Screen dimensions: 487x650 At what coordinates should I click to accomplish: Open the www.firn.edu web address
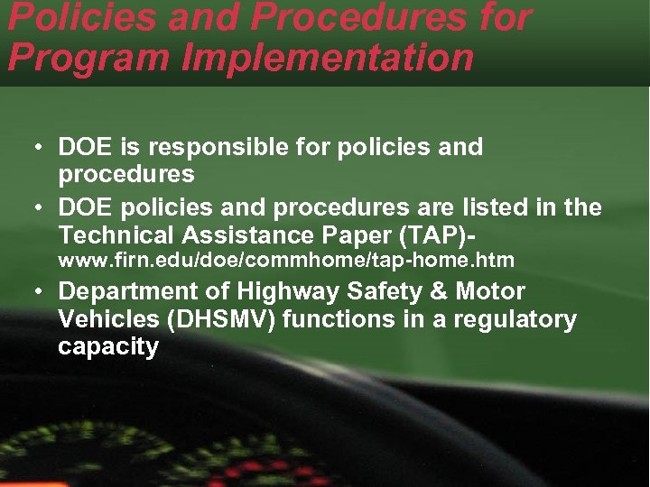[286, 261]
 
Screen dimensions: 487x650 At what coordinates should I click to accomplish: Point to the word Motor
[489, 291]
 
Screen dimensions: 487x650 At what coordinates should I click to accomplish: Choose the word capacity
[107, 347]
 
